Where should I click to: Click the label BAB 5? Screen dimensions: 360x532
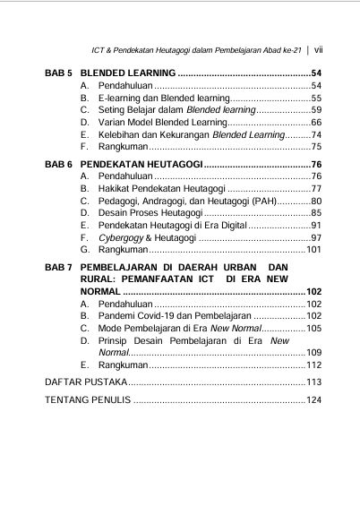point(59,71)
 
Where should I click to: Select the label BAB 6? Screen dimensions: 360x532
point(59,165)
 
